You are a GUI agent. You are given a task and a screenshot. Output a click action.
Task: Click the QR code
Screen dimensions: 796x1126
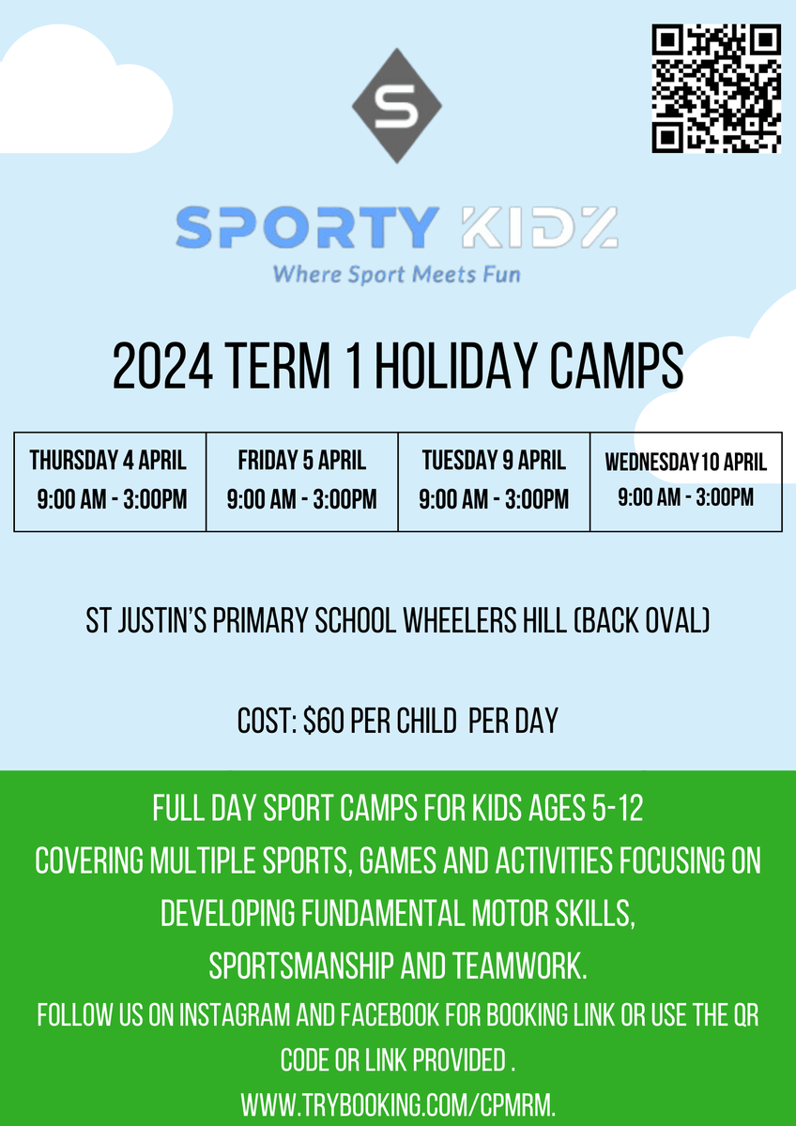pyautogui.click(x=716, y=88)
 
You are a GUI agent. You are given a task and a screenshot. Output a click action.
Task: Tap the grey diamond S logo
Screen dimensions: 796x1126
pyautogui.click(x=397, y=105)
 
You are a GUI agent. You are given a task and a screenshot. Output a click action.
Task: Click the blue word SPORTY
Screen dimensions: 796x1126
pyautogui.click(x=307, y=227)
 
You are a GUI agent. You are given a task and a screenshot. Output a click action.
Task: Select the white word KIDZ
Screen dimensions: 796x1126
pyautogui.click(x=540, y=227)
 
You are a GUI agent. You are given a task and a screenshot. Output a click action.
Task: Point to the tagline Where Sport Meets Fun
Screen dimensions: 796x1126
pyautogui.click(x=397, y=274)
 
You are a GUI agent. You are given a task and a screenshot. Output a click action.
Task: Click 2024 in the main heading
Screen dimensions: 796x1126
pyautogui.click(x=162, y=366)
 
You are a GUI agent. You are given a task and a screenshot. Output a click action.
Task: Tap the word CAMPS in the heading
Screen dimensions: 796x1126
pyautogui.click(x=616, y=366)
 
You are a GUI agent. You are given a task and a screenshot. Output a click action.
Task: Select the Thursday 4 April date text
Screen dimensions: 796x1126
pyautogui.click(x=108, y=460)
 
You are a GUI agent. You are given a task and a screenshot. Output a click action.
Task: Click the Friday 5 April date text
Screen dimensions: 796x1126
pyautogui.click(x=301, y=460)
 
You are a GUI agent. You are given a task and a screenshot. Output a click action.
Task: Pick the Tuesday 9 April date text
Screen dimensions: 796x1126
pyautogui.click(x=494, y=460)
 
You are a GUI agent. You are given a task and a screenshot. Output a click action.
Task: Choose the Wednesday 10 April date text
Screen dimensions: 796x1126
pyautogui.click(x=686, y=462)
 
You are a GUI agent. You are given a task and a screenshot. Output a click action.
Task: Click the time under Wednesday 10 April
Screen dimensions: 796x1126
pyautogui.click(x=686, y=497)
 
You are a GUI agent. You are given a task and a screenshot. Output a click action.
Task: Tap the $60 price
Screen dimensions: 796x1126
pyautogui.click(x=323, y=721)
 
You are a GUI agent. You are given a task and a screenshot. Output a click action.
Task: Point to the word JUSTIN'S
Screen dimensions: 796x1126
pyautogui.click(x=161, y=620)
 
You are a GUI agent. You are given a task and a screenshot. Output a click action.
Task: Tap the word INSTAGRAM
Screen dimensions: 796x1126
pyautogui.click(x=235, y=1014)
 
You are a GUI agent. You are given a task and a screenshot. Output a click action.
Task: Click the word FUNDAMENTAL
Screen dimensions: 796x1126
pyautogui.click(x=383, y=913)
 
